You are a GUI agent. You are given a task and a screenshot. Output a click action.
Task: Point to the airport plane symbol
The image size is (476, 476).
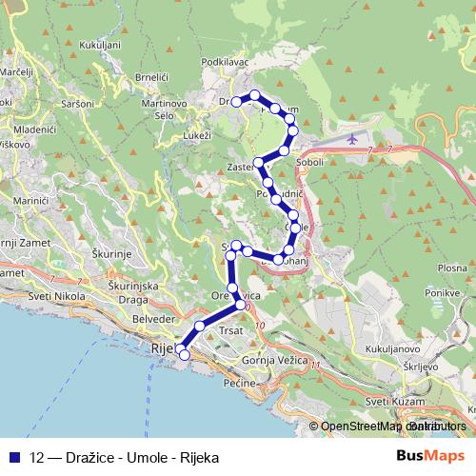click(353, 139)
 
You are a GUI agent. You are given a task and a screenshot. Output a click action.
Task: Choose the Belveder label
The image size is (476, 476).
click(154, 318)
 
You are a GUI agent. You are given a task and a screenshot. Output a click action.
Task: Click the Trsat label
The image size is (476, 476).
click(232, 331)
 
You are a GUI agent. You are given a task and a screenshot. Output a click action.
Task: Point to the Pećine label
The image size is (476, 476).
click(238, 383)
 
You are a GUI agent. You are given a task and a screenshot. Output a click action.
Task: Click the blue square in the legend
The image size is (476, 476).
click(14, 456)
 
